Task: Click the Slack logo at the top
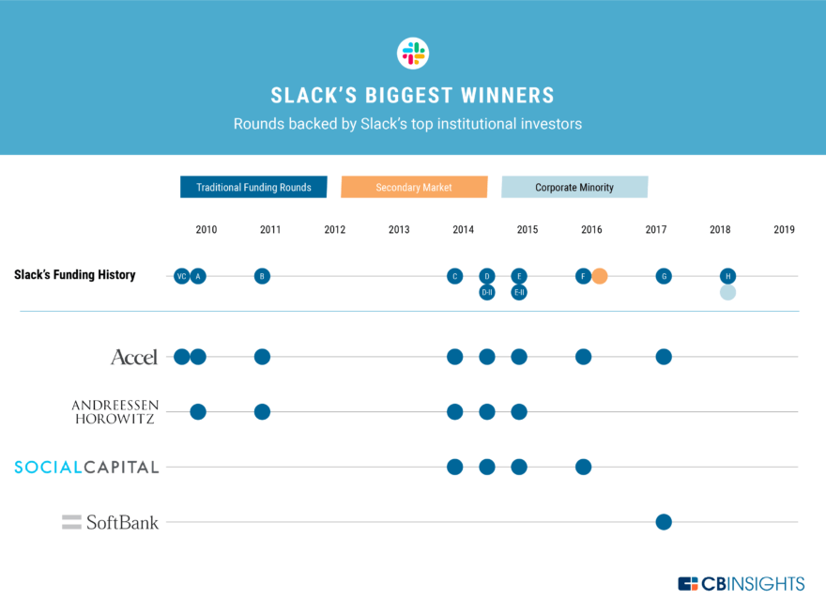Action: click(412, 53)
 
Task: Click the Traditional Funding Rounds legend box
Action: click(253, 187)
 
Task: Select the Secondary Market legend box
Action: click(414, 187)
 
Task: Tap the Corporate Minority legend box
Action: click(574, 187)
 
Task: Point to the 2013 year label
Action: click(399, 229)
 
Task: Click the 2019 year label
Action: click(784, 229)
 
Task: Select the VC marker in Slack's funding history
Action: click(181, 276)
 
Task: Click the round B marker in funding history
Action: click(262, 276)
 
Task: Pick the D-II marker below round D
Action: click(486, 292)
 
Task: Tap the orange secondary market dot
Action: click(600, 276)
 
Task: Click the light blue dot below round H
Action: click(727, 292)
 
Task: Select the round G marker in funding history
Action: click(664, 276)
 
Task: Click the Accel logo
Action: click(134, 357)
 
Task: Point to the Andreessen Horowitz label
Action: click(115, 411)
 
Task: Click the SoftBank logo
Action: click(111, 522)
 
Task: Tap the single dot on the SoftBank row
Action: click(664, 522)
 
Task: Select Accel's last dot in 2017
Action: click(664, 357)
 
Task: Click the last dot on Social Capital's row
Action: click(583, 467)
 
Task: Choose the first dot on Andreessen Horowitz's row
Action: click(198, 411)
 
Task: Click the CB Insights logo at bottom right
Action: click(741, 584)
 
